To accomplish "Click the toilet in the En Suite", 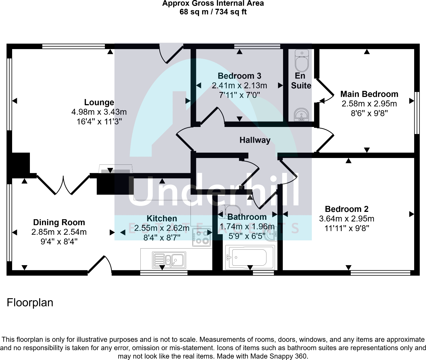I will coord(302,60).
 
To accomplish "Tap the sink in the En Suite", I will coord(301,115).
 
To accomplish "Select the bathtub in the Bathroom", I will coord(250,258).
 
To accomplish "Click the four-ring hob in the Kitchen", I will coord(202,237).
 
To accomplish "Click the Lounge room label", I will coord(99,102).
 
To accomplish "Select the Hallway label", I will coord(255,140).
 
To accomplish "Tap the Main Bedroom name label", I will coord(369,94).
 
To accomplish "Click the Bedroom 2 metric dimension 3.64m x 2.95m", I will coord(346,219).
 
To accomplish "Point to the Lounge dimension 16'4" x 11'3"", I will coord(99,122).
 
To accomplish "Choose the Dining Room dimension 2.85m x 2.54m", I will coord(59,232).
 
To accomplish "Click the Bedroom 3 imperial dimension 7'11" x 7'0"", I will coord(239,95).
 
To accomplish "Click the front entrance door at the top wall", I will coord(171,54).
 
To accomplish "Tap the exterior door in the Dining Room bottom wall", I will coord(100,265).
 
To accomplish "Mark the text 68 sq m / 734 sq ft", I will coord(213,12).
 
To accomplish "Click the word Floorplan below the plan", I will coord(30,302).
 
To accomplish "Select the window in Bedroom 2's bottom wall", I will coord(380,273).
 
